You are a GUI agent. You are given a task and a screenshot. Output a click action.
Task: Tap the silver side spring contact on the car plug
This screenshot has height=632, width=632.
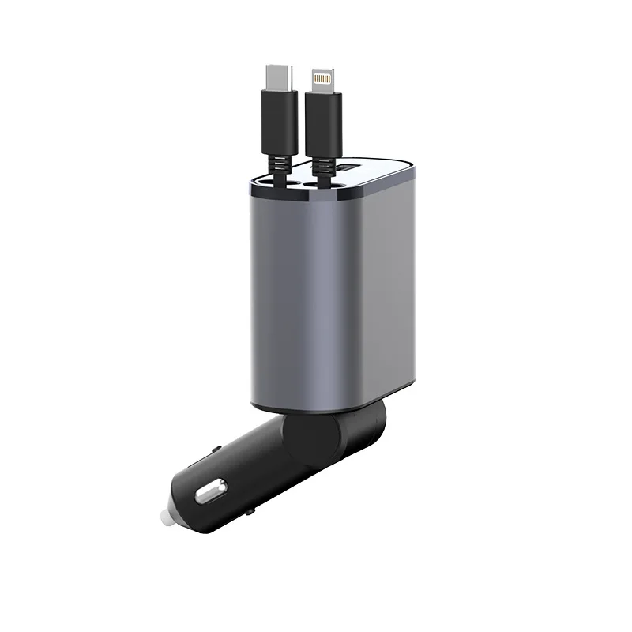click(209, 495)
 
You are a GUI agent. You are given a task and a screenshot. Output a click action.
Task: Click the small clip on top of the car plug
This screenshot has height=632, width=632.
click(216, 450)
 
